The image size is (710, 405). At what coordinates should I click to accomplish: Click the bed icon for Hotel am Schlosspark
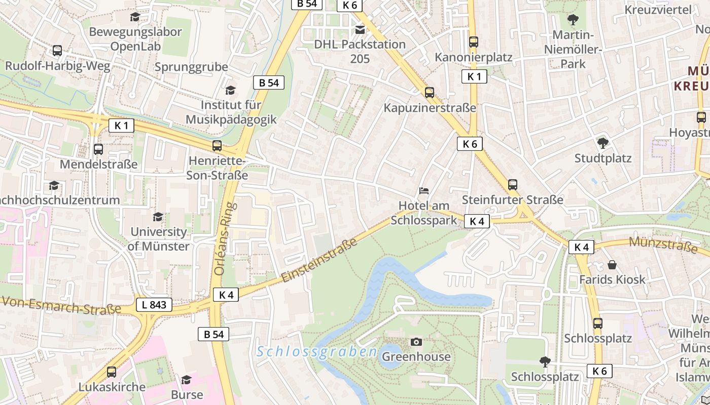424,191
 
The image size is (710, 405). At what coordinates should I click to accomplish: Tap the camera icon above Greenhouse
416,342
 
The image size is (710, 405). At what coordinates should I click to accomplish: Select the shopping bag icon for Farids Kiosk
612,264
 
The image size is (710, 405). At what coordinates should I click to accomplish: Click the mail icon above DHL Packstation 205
360,30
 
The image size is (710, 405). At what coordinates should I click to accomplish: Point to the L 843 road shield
154,305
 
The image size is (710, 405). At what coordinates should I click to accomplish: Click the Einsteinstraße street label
319,260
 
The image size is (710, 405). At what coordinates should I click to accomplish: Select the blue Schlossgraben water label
317,351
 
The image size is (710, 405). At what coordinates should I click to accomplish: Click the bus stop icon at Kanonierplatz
473,42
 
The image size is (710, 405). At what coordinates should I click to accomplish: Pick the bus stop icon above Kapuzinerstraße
429,93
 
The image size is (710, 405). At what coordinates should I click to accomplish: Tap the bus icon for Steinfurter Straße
512,185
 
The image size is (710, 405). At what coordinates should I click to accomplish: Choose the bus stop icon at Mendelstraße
98,149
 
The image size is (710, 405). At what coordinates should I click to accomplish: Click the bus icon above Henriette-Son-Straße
217,146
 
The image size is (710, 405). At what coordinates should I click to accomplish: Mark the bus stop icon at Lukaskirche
112,372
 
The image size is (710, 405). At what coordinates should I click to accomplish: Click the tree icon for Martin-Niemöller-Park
573,20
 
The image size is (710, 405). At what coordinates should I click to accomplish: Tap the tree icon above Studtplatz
602,143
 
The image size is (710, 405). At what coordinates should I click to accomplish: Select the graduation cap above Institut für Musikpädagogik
230,90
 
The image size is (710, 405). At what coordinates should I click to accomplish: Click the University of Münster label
159,239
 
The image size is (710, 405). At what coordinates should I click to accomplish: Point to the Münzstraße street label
663,244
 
